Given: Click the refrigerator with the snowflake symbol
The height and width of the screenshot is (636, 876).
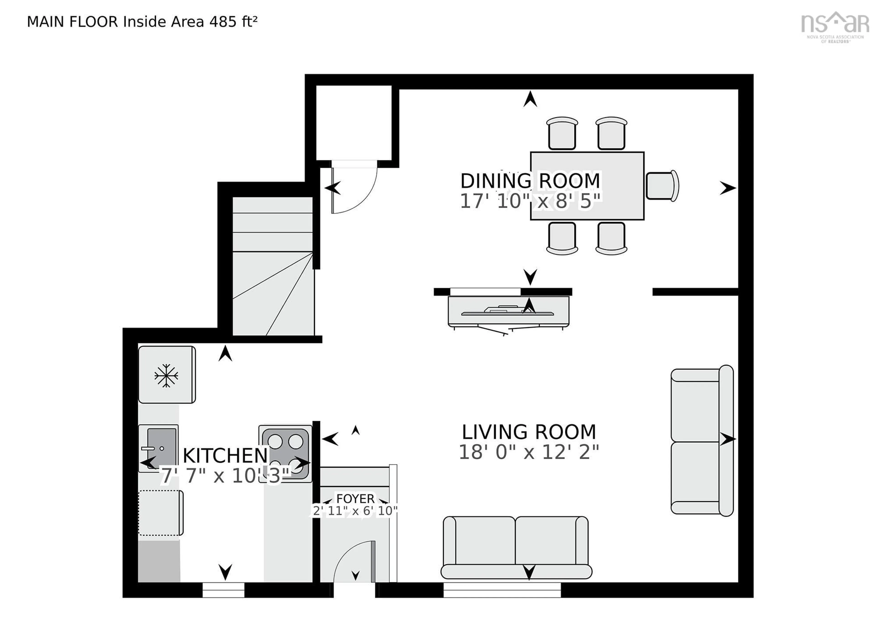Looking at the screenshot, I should coord(167,375).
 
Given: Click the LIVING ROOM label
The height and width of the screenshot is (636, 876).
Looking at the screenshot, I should coord(529,432).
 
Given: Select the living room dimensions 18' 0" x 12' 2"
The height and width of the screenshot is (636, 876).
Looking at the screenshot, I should coord(529,452).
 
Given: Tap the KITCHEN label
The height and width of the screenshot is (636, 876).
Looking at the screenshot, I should coord(225,456).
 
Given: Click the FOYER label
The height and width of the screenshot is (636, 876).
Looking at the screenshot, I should coord(355,498).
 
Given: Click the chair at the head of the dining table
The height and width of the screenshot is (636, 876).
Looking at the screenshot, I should coord(661,186).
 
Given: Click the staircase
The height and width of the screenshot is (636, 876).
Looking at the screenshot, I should coord(273,267).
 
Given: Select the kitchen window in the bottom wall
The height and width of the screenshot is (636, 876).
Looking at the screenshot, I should coord(223,590).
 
